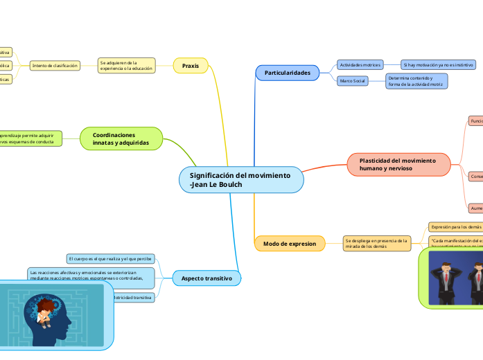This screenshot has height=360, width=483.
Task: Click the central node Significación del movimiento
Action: coord(241,180)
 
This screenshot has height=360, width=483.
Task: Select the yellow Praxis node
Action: coord(190,66)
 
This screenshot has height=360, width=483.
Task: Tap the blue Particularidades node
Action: coord(287,72)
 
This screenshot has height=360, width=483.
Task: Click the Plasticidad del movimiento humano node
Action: coord(398,164)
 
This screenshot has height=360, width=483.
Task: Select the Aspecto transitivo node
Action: coord(207,278)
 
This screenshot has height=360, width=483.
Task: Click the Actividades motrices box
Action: coord(359,64)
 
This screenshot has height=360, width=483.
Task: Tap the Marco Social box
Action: coord(352,81)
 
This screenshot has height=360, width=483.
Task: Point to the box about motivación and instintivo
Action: coord(439,64)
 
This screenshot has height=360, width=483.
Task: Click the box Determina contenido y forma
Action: coord(416,81)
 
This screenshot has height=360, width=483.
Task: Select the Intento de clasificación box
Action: coord(55,66)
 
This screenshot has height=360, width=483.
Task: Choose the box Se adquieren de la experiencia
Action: coord(126,66)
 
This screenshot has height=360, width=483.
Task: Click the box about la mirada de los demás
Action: coord(377,243)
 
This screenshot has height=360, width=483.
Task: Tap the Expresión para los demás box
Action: coord(455,226)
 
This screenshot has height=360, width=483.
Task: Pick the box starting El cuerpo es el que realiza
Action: coord(110,258)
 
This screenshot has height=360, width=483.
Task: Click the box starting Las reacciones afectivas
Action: coord(91,277)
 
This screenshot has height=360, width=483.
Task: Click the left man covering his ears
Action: coord(444,275)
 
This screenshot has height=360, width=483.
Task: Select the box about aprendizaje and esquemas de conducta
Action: coord(30,138)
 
